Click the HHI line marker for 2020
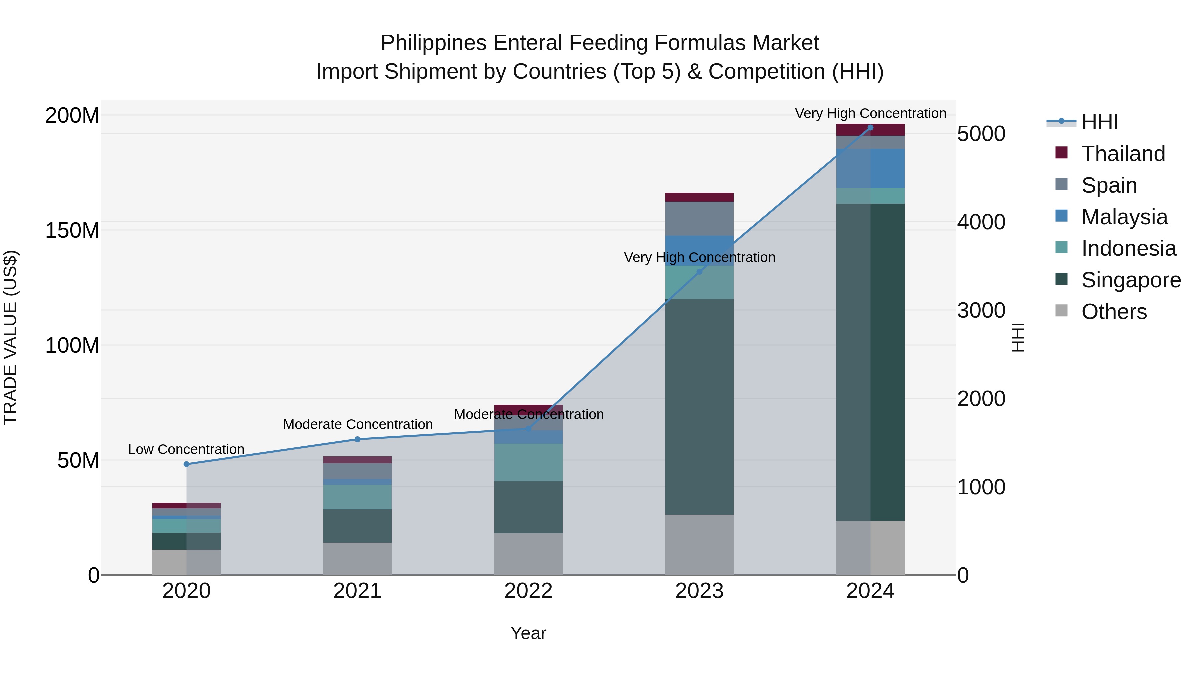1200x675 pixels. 186,464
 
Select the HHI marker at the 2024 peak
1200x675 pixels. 870,128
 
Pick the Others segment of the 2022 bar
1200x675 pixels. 528,554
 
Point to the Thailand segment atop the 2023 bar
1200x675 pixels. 699,197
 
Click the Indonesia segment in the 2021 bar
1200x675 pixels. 357,497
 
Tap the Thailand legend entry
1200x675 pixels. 1123,154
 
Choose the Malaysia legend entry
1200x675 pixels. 1124,217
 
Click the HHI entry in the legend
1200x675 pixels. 1099,122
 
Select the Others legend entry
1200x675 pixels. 1114,312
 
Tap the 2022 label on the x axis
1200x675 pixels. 528,591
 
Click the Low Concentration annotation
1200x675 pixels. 186,450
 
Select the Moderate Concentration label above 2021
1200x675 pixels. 358,424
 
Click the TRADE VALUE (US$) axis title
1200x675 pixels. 10,337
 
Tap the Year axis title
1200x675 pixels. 528,633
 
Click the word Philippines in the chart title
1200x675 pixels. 434,43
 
